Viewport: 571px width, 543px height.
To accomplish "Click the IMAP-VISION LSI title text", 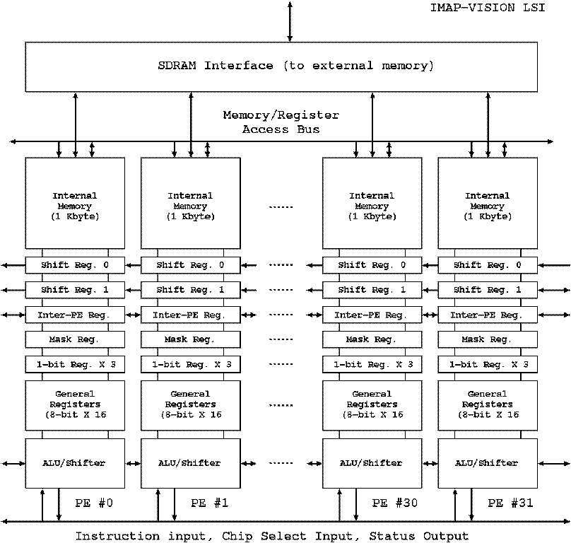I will [487, 10].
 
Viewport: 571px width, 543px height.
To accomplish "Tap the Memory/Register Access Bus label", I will [281, 122].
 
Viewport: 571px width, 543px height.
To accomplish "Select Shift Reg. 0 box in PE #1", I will [190, 265].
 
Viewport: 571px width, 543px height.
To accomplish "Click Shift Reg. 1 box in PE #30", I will [372, 290].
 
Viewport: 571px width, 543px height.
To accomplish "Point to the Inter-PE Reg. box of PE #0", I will [75, 315].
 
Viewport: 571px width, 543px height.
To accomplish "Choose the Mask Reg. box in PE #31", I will [487, 339].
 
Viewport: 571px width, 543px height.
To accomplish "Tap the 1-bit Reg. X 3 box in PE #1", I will [190, 364].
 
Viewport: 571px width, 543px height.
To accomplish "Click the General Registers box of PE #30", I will [372, 404].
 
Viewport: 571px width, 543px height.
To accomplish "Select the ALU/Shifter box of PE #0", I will [75, 463].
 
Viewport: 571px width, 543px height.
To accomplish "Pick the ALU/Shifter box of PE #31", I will [487, 463].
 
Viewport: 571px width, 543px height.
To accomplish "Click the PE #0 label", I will [94, 503].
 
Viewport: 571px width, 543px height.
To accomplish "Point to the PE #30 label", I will [390, 503].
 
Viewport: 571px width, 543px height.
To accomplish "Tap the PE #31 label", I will [506, 503].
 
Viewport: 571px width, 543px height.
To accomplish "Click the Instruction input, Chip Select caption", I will [272, 536].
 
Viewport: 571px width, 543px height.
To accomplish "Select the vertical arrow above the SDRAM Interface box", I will [289, 21].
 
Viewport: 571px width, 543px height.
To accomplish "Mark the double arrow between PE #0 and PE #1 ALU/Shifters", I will [133, 464].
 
